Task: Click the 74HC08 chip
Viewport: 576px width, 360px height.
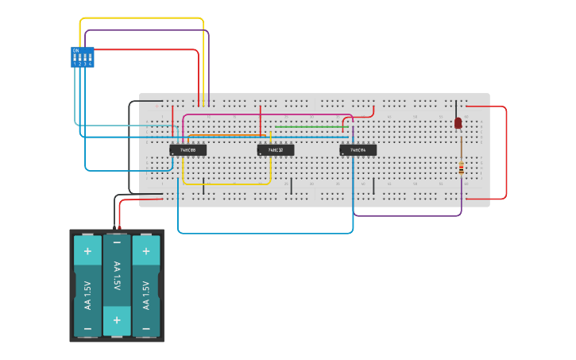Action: click(x=188, y=149)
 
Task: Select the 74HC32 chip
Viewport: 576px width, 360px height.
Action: click(x=276, y=149)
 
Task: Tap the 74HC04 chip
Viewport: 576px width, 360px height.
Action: click(x=358, y=149)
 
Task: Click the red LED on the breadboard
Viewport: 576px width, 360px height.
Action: click(x=458, y=122)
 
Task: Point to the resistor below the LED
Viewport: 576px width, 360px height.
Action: click(x=462, y=166)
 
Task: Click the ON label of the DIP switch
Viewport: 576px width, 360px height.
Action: click(x=76, y=50)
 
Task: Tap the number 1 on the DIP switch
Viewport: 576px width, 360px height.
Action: click(x=75, y=64)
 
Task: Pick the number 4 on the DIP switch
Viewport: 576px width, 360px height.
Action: click(x=90, y=64)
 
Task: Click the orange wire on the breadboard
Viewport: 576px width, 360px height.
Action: click(x=230, y=135)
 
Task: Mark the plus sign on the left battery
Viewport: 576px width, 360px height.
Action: click(x=87, y=250)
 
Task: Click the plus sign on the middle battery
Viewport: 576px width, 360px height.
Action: click(x=117, y=319)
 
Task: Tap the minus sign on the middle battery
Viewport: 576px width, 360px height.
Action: click(x=117, y=242)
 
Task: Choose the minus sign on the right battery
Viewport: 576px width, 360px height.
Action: click(x=145, y=327)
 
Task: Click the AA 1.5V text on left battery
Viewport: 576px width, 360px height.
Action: click(x=87, y=296)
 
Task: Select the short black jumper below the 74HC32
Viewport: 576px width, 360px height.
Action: click(x=291, y=186)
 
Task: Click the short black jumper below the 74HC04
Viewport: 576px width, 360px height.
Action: click(x=373, y=186)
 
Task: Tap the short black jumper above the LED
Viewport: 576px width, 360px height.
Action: click(x=456, y=109)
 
